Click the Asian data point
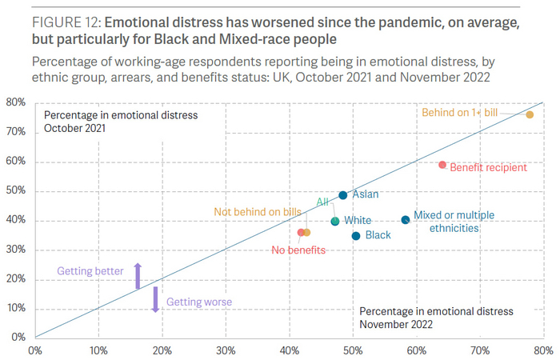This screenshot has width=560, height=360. coord(342,195)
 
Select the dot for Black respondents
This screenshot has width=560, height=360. coord(355,236)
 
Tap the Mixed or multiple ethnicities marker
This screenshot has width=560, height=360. coord(405,220)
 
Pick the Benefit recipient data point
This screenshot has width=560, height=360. coord(442,165)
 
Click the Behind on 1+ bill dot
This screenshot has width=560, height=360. coord(530,115)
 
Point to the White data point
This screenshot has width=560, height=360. coord(334,221)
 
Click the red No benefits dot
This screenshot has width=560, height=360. coord(301,233)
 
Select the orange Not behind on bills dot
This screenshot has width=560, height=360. coord(307,233)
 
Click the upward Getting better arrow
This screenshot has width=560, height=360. coord(137,275)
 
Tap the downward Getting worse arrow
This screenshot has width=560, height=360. coord(156,299)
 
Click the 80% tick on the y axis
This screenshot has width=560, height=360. coord(18,102)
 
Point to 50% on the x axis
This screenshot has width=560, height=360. coord(353,350)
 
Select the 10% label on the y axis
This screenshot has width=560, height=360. coord(18,308)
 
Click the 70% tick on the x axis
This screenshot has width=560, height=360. coord(480,350)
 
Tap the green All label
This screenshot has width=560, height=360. coord(322,202)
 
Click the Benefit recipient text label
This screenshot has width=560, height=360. coord(488,168)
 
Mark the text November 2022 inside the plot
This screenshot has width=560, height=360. coord(396,324)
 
